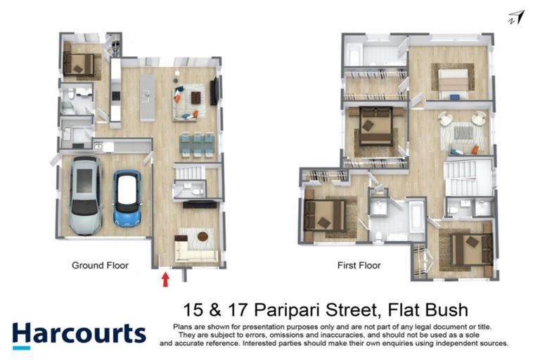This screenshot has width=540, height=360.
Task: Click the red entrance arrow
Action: coord(166,279)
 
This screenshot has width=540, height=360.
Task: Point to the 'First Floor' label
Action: coord(359,266)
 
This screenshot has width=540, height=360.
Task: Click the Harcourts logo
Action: coord(79,333)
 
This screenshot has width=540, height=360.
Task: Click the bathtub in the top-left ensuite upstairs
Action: coord(354,54)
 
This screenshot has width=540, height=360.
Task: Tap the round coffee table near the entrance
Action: coord(203,236)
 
